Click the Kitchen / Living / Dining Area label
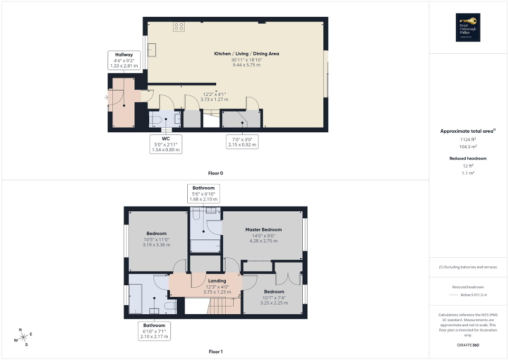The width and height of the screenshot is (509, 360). coord(246,54)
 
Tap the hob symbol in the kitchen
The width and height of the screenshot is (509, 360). coord(179,27)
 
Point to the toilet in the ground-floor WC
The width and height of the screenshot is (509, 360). coord(156,120)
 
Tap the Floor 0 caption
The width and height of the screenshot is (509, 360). coord(216,173)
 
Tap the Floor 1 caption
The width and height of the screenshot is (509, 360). coord(216,351)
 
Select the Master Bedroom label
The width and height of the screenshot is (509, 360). coord(263,229)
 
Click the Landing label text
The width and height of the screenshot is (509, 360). coord(217,281)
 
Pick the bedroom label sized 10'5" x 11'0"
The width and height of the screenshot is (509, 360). coord(157,233)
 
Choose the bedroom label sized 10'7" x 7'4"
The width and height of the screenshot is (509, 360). coord(274,291)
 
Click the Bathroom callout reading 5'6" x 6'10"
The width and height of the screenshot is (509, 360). coord(204,193)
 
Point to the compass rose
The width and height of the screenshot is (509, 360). coord(23,337)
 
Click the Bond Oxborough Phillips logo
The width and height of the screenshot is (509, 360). coord(468,27)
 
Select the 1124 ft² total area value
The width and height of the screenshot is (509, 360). coord(468,139)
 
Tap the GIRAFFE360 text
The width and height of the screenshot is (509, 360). coord(468,345)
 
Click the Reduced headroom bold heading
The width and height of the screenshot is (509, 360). coord(468,158)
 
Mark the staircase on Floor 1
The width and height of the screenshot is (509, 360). coord(219,305)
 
